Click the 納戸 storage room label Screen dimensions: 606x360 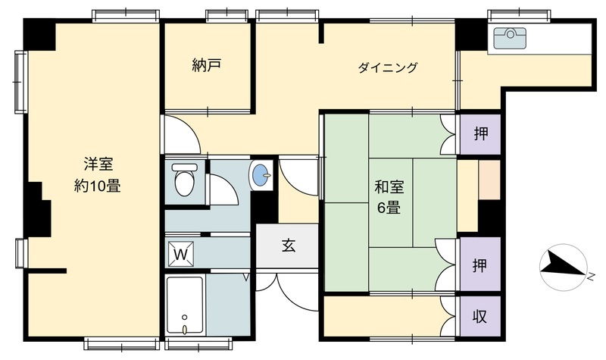pyautogui.click(x=206, y=65)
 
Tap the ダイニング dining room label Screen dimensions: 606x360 pyautogui.click(x=388, y=67)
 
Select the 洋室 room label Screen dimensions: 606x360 pyautogui.click(x=98, y=164)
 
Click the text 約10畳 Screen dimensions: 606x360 pyautogui.click(x=98, y=186)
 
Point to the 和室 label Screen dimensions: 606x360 pyautogui.click(x=389, y=187)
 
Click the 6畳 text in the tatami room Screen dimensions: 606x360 pyautogui.click(x=389, y=208)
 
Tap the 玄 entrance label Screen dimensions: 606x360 pyautogui.click(x=289, y=246)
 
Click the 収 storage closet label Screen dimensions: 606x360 pyautogui.click(x=479, y=317)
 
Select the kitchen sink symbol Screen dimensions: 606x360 pyautogui.click(x=510, y=38)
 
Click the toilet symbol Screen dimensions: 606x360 pyautogui.click(x=184, y=180)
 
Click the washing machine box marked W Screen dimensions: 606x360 pyautogui.click(x=180, y=254)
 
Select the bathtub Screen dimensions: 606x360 pyautogui.click(x=185, y=306)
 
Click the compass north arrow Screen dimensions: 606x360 pyautogui.click(x=563, y=267)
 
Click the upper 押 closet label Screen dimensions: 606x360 pyautogui.click(x=481, y=134)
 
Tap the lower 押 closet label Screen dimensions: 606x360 pyautogui.click(x=479, y=266)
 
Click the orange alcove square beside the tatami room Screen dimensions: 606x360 pyautogui.click(x=489, y=180)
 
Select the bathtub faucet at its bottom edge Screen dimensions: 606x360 pyautogui.click(x=185, y=330)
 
